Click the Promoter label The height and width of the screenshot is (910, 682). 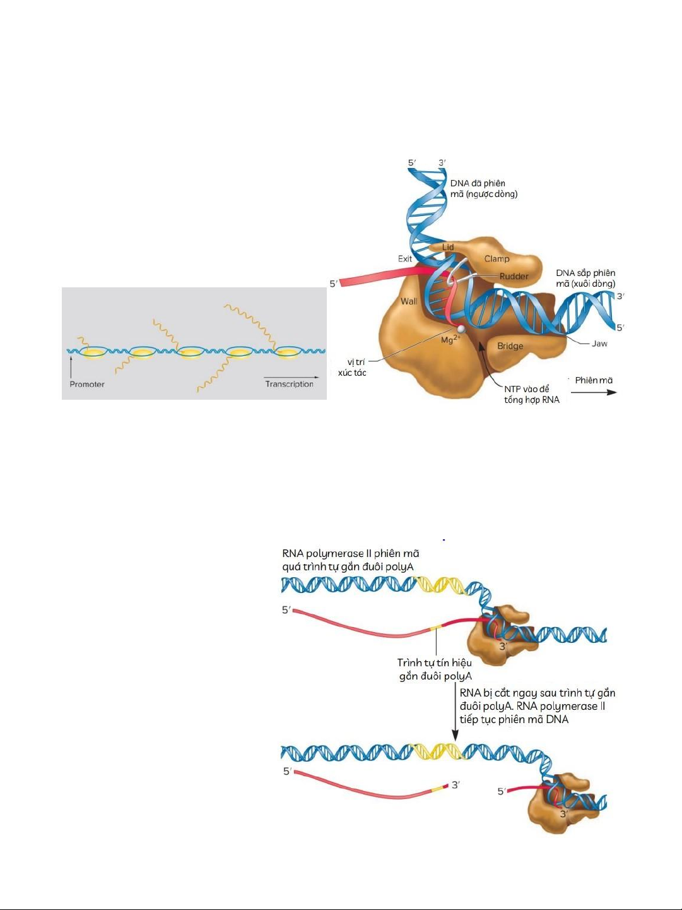tap(87, 384)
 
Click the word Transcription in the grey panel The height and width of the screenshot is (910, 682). tap(289, 384)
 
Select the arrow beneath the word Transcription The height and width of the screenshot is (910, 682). tap(289, 378)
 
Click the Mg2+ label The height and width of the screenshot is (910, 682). tap(450, 340)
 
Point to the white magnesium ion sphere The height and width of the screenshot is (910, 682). tap(461, 328)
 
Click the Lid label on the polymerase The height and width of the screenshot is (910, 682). tap(448, 247)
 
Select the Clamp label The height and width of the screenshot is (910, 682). tap(497, 259)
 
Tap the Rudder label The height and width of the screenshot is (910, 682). tap(514, 276)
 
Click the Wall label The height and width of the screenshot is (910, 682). tap(409, 301)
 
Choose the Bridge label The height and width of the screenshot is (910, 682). tap(510, 346)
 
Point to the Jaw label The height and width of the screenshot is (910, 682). tap(599, 344)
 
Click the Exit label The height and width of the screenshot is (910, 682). tap(405, 259)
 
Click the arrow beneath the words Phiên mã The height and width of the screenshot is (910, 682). tap(593, 392)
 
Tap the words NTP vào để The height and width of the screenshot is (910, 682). tap(526, 389)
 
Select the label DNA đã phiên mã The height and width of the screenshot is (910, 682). tap(478, 183)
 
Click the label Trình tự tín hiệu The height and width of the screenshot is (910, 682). tap(434, 662)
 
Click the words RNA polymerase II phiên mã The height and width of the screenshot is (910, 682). tap(350, 553)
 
